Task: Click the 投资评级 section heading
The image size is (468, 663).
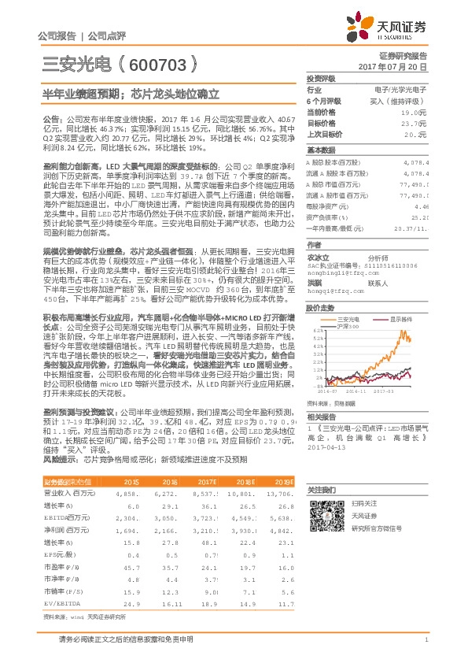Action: coord(320,80)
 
